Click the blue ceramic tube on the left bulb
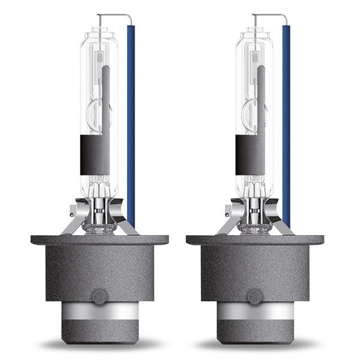(x=131, y=120)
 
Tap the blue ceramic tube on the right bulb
(x=286, y=120)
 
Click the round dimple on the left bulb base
(x=100, y=296)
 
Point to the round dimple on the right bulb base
(x=255, y=296)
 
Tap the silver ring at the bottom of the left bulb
(x=100, y=313)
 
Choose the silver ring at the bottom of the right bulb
(x=255, y=313)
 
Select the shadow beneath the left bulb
(x=100, y=347)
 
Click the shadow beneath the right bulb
(x=255, y=347)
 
